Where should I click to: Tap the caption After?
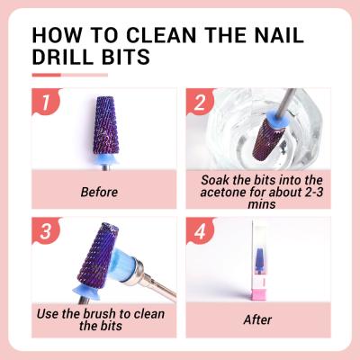pos(257,319)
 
